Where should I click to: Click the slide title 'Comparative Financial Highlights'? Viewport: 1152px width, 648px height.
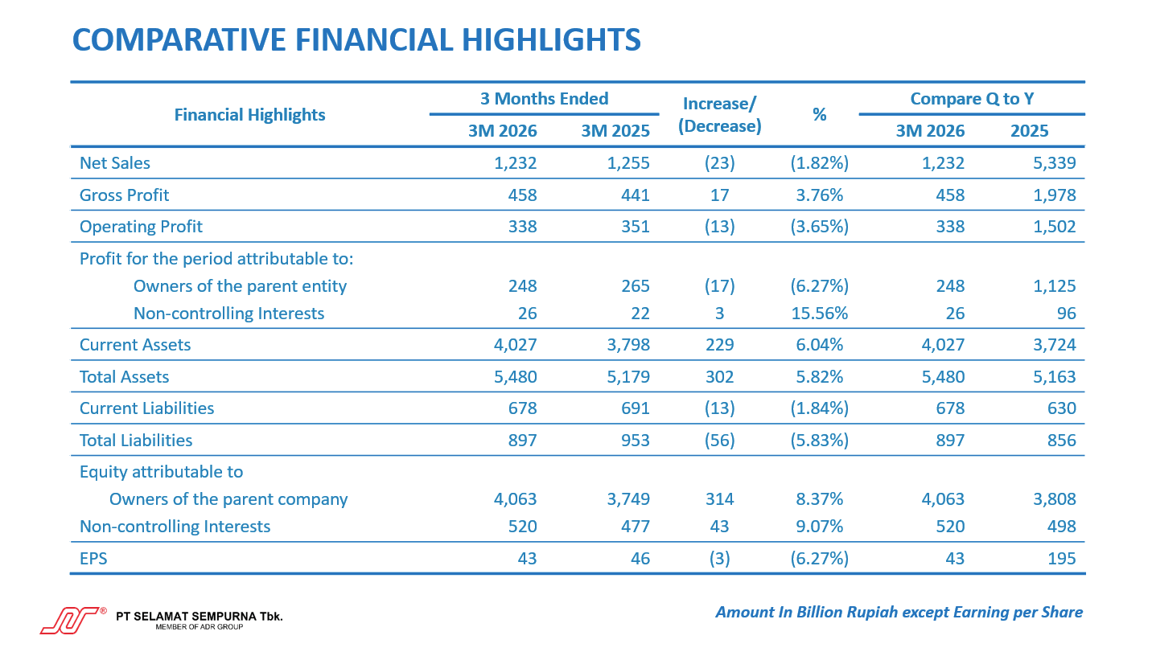coord(356,39)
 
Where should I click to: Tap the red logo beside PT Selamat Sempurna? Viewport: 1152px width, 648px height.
coord(70,620)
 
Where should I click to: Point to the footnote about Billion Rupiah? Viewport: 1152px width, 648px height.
coord(899,613)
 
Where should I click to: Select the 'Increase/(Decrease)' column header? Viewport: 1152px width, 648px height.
coord(720,114)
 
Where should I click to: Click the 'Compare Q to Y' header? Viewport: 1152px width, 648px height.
coord(971,99)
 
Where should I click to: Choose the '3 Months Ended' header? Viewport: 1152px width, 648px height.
coord(544,99)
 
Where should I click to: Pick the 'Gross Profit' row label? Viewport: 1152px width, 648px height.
coord(124,195)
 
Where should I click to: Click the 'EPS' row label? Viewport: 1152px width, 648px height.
coord(93,559)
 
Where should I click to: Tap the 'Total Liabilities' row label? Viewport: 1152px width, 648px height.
coord(136,441)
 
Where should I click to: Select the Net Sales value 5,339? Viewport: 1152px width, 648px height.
coord(1055,164)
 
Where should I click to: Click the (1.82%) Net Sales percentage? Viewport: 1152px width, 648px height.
coord(819,164)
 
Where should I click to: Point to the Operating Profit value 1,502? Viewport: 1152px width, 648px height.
coord(1055,227)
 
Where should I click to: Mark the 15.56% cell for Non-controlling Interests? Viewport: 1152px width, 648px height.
coord(819,314)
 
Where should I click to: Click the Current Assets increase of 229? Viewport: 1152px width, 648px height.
coord(719,345)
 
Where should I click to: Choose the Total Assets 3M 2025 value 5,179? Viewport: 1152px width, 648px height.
coord(627,377)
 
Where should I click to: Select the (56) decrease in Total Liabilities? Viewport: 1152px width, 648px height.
coord(719,441)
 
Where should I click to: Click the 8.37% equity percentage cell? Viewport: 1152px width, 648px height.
coord(819,499)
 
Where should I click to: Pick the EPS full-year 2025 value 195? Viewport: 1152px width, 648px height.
coord(1062,559)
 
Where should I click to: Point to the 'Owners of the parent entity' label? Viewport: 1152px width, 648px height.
coord(240,286)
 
